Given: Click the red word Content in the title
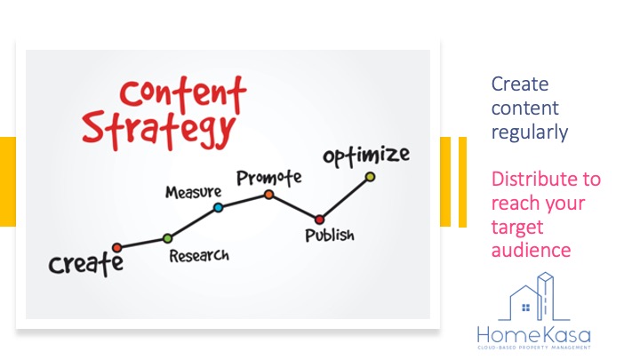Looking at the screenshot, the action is click(183, 94).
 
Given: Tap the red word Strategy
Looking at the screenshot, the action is click(159, 129).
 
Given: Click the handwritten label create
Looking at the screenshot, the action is click(85, 264).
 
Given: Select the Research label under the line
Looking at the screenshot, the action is click(199, 256).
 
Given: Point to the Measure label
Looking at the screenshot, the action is click(194, 192).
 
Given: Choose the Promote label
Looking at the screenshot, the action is click(269, 178).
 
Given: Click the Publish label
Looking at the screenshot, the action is click(330, 236).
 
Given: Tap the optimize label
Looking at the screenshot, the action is click(366, 156).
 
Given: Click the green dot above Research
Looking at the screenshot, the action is click(167, 238).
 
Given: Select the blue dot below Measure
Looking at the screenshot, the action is click(219, 208).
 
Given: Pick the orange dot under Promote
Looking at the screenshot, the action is click(268, 195).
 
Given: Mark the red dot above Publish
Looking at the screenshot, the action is click(320, 220).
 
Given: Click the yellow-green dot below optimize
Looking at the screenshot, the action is click(370, 177).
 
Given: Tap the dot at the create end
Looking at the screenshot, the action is click(117, 247).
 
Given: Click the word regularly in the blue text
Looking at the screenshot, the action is click(530, 132).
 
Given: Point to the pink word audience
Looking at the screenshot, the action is click(531, 250).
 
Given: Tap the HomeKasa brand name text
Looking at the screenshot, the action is click(534, 335).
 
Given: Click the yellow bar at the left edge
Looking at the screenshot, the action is click(8, 181).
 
